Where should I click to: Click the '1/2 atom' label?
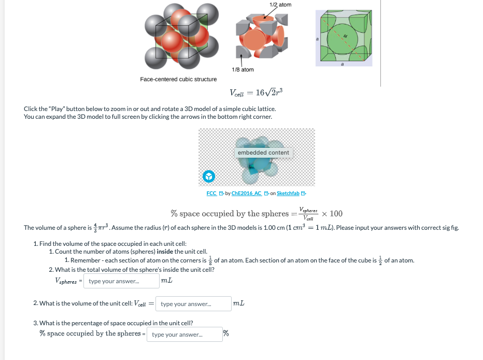[281, 5]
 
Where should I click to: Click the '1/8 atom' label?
[243, 70]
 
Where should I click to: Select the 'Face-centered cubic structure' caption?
[178, 79]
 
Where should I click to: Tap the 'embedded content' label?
[263, 153]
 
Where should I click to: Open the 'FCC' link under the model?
[211, 193]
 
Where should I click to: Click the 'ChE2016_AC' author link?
[247, 193]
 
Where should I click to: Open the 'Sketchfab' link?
[288, 193]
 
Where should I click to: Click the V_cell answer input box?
[193, 303]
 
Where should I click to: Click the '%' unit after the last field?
[226, 333]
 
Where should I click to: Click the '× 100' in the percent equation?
[332, 214]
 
